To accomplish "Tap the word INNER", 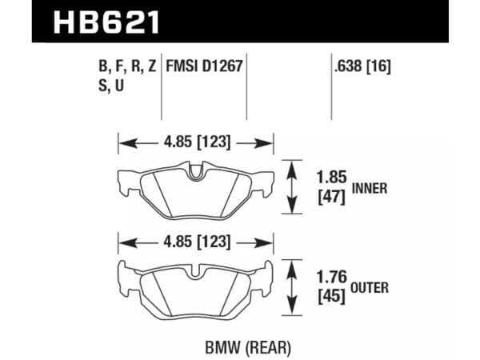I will [x=370, y=189].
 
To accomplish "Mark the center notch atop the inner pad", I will [x=196, y=170].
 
